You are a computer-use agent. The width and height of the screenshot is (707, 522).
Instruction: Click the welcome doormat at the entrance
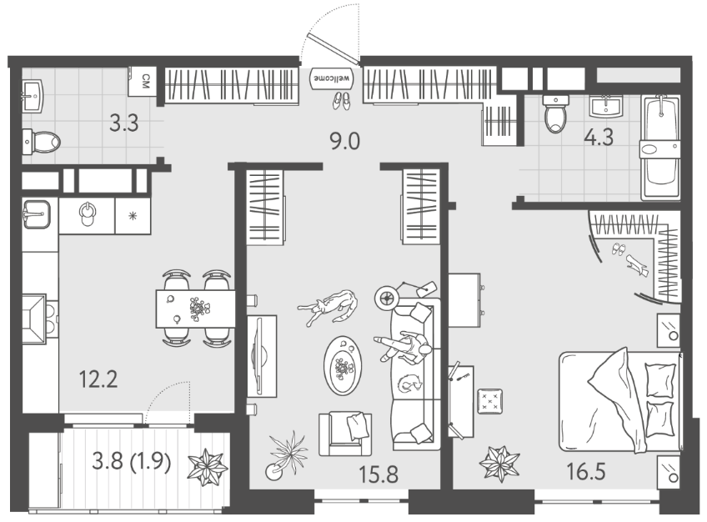331,78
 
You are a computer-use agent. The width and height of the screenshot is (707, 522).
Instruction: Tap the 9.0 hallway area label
345,142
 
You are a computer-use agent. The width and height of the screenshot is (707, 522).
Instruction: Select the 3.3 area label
124,123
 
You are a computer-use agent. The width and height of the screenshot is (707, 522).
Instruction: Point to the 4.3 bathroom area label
599,137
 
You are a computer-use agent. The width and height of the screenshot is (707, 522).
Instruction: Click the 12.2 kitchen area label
98,379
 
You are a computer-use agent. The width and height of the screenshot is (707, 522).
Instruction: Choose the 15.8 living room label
379,474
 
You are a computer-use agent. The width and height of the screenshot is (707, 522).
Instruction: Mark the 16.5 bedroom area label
586,472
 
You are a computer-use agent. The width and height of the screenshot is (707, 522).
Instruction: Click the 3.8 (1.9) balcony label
132,462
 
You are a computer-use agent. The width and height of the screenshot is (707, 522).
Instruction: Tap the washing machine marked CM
143,82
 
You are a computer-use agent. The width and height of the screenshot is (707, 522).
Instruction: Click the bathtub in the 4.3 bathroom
660,147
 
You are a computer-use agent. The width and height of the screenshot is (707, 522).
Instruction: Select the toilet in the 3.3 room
41,142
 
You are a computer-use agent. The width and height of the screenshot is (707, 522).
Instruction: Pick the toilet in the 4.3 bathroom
555,113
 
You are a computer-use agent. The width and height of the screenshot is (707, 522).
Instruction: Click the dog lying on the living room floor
328,307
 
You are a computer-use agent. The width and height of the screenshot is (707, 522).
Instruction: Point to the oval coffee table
343,365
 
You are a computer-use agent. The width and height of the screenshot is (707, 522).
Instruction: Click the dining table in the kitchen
195,309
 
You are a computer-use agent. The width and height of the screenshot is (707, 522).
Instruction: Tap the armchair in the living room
345,434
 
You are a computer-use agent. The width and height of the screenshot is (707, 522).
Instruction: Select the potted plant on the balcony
208,467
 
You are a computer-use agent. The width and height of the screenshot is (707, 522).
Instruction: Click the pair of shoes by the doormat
341,101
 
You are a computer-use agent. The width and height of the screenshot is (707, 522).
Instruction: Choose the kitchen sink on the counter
37,214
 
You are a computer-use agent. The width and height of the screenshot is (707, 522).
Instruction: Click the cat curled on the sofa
409,384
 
